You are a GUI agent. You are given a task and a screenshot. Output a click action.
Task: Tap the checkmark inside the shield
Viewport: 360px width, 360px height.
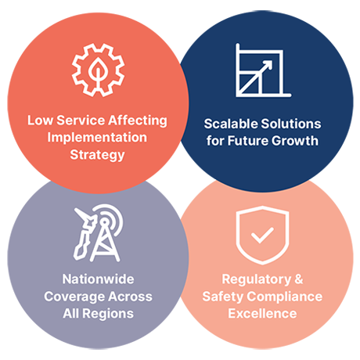click(262, 236)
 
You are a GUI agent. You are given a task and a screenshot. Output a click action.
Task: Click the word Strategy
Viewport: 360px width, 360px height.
click(97, 155)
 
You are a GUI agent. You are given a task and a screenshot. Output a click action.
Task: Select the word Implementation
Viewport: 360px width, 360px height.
click(97, 138)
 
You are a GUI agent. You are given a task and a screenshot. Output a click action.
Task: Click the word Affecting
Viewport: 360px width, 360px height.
click(138, 121)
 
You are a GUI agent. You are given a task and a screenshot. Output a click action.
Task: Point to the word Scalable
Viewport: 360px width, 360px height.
click(231, 124)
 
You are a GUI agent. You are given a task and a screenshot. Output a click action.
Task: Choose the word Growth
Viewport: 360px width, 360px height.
click(295, 141)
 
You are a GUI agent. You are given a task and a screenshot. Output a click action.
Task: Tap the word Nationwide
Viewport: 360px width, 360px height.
click(98, 279)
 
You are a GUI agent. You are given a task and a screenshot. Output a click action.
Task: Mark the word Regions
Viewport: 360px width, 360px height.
click(108, 314)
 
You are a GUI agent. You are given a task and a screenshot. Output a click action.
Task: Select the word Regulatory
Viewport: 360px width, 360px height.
click(257, 279)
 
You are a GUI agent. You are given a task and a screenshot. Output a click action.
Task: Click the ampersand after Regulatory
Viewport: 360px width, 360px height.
click(299, 279)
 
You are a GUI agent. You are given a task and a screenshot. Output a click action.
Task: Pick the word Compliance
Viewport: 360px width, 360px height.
click(285, 297)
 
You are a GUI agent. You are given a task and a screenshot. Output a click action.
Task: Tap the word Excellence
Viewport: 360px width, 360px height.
click(262, 314)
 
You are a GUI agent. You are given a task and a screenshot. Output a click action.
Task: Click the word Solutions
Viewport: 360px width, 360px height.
click(291, 124)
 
